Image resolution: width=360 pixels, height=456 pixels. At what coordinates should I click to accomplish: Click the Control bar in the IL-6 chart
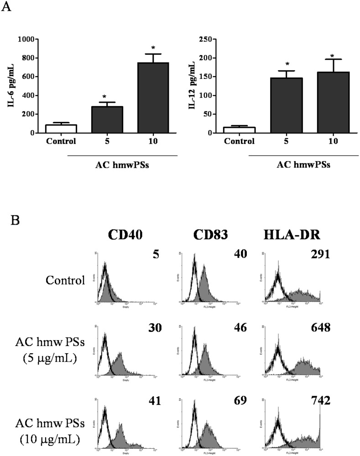(60, 129)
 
